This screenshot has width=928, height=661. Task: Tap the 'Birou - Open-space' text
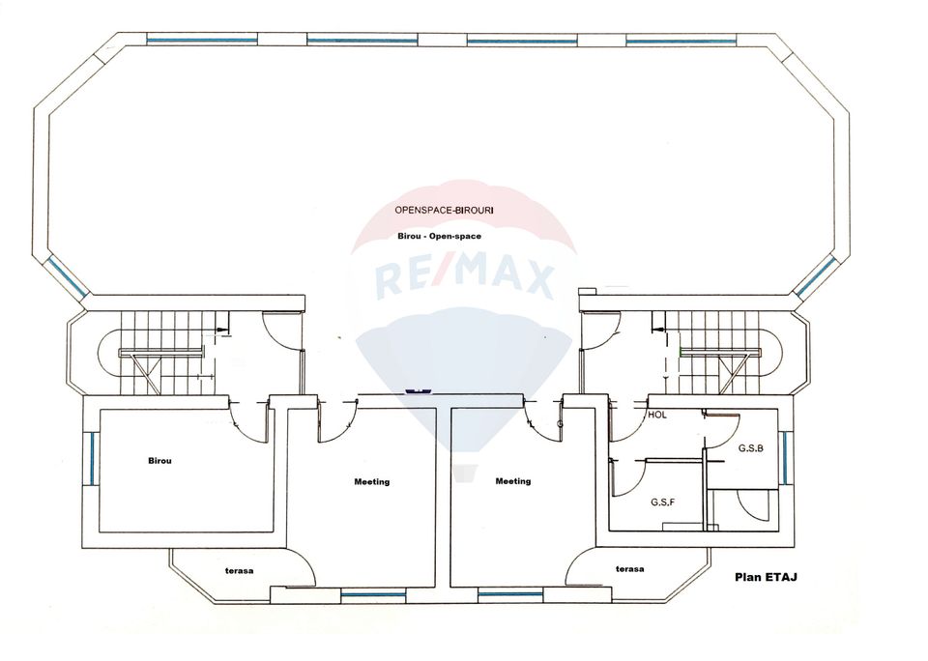(x=439, y=236)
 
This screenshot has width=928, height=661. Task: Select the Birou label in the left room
(x=159, y=461)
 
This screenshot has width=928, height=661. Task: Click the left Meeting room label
(x=372, y=481)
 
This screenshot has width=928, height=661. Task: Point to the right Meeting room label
(x=512, y=481)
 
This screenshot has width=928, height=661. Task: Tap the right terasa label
(x=629, y=569)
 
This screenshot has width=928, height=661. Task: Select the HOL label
(x=657, y=414)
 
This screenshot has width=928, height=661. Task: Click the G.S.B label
(x=751, y=448)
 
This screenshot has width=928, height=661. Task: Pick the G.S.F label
(x=662, y=503)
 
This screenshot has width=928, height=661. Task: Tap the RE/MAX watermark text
(x=464, y=279)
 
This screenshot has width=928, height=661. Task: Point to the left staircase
(x=159, y=353)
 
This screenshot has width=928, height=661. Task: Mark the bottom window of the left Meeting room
(x=373, y=594)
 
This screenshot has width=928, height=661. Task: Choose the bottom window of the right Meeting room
(x=510, y=594)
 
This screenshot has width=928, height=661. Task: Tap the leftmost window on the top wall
(x=202, y=41)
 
